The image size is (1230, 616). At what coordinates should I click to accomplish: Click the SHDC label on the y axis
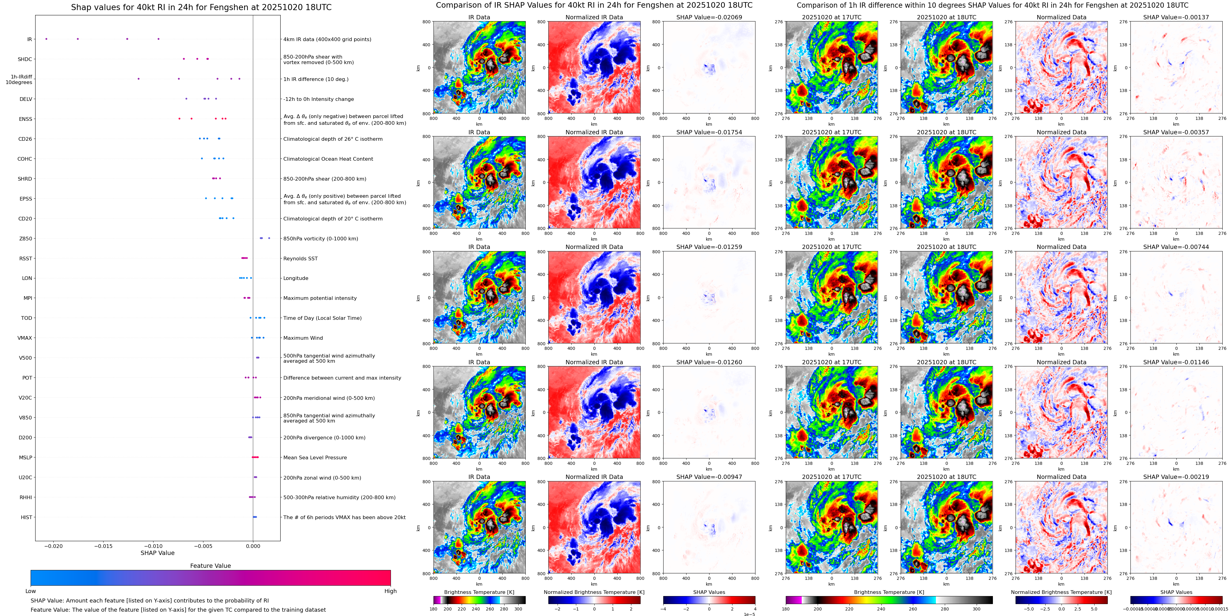(x=25, y=59)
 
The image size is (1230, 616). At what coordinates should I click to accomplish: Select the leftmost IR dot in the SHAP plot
(x=46, y=39)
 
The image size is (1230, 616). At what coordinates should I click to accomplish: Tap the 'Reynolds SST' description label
(x=300, y=258)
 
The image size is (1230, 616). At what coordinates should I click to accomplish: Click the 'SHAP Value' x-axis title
(x=157, y=553)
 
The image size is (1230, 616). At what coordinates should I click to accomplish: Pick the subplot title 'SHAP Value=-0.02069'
(x=709, y=17)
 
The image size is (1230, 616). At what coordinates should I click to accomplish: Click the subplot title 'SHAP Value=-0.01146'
(x=1176, y=362)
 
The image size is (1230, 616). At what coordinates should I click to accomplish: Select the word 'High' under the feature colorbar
(x=391, y=591)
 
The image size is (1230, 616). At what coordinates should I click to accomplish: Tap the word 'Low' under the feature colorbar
(x=31, y=591)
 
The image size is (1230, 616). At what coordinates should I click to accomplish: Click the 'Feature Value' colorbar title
(x=210, y=566)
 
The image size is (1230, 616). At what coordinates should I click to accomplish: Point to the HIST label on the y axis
(x=26, y=517)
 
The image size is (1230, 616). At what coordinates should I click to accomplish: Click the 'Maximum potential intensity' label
(x=320, y=298)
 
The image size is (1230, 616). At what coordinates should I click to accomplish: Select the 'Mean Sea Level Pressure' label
(x=315, y=457)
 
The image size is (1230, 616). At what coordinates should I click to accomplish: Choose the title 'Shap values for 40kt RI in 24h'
(x=201, y=7)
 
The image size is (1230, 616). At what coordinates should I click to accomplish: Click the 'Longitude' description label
(x=296, y=278)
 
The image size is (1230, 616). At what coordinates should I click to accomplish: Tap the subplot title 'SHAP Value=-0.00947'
(x=709, y=477)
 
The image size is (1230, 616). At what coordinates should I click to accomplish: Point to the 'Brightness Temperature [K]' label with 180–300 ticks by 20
(x=479, y=592)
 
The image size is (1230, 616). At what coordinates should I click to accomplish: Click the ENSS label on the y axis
(x=26, y=119)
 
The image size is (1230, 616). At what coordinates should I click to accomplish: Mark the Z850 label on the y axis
(x=26, y=239)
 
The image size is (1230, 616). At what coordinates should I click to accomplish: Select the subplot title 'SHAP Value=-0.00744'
(x=1176, y=247)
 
